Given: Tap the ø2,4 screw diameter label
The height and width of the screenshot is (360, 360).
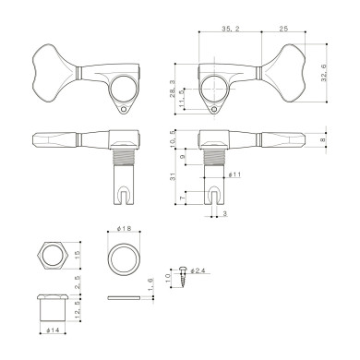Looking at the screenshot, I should tap(203, 270).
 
